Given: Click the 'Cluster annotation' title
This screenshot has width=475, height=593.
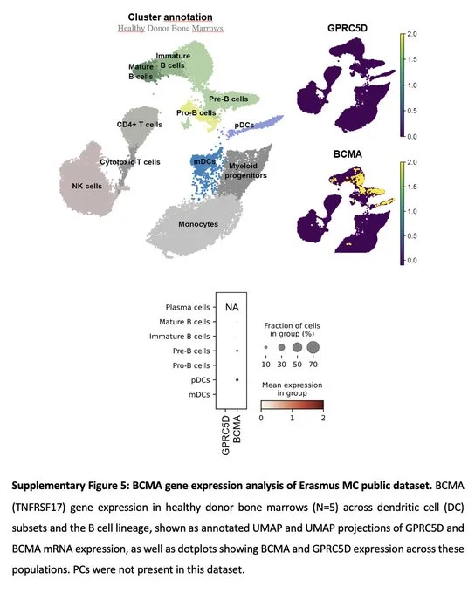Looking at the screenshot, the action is coord(170,17).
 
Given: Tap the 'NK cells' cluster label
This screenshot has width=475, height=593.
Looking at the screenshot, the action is coord(86,186).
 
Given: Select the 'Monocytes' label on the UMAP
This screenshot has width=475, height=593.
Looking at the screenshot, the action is coord(198,224).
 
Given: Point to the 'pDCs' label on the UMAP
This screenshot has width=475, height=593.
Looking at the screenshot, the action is coord(244,126).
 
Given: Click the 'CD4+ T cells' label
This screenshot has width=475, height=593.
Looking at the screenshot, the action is coord(139,125).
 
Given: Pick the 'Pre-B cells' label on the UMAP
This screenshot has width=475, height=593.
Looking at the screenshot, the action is coord(229,99).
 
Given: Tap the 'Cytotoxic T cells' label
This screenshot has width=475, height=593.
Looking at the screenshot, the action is coord(130,162).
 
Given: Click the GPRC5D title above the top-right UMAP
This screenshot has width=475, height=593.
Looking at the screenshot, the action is coord(348,28).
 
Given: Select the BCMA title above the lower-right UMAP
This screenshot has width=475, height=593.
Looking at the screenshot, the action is coord(348,154).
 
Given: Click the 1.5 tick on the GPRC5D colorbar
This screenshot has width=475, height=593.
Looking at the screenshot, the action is coord(412,59).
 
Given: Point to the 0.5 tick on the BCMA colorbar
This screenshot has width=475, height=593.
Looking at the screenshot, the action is coord(412,235).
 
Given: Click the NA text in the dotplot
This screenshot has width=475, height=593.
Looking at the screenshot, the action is coord(231,308).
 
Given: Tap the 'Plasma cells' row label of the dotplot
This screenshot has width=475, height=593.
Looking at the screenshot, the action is coord(188,307).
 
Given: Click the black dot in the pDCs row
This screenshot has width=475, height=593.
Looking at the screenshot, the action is coord(237,379).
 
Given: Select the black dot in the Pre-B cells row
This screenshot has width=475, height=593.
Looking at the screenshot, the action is coord(237,351).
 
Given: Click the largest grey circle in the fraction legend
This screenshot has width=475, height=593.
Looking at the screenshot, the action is coord(313,347).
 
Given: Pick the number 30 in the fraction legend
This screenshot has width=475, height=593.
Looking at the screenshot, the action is coord(281,365).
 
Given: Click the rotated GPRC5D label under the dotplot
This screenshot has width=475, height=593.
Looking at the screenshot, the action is coord(225,435).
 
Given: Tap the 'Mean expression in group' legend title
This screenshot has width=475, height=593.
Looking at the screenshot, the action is coord(292,389).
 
